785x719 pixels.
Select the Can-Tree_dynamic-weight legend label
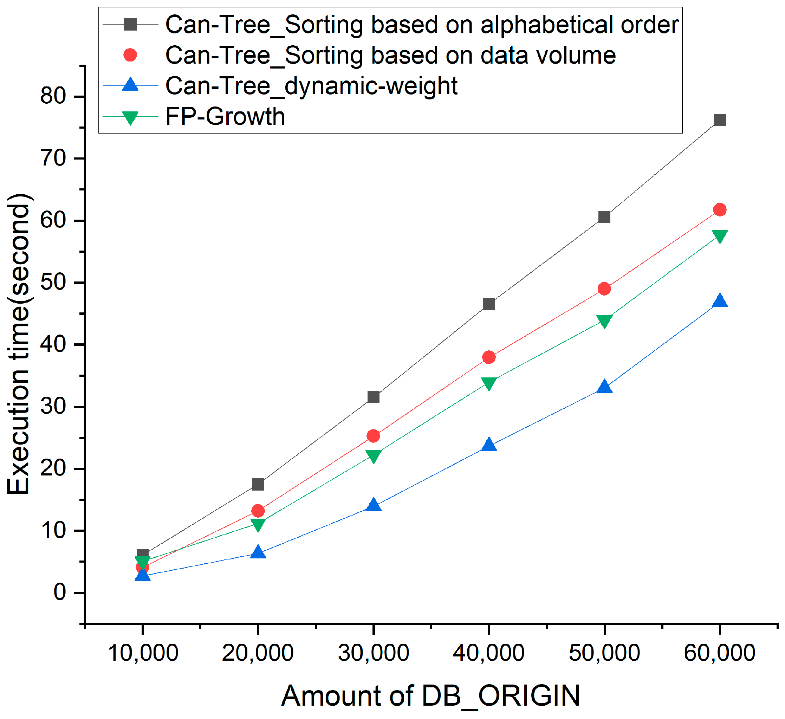point(312,86)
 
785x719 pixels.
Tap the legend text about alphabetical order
point(422,25)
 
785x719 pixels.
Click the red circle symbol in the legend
point(130,55)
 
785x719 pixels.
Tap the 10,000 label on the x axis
point(143,653)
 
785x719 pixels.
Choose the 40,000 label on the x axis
point(489,653)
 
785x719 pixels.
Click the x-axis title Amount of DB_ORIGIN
point(430,696)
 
